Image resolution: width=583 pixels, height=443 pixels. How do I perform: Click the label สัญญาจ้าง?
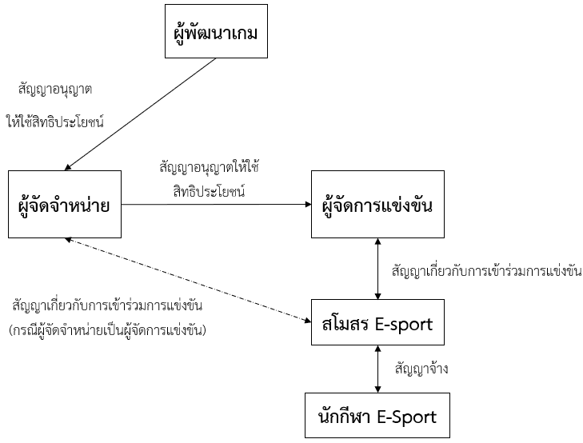pos(421,369)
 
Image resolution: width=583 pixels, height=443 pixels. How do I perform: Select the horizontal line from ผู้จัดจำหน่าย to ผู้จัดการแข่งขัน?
pos(216,205)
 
